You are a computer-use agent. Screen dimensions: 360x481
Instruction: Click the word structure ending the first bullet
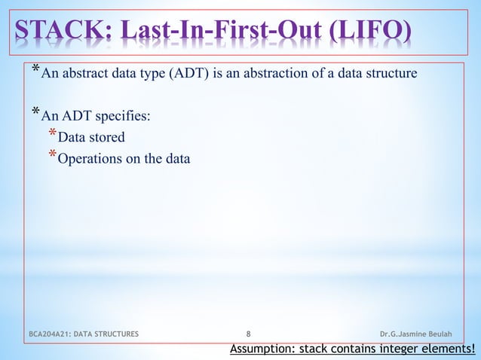pos(394,75)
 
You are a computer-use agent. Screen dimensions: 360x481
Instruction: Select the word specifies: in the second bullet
pos(124,116)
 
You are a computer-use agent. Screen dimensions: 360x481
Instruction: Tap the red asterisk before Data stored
pos(53,134)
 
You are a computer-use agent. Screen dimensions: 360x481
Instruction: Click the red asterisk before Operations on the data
pos(53,156)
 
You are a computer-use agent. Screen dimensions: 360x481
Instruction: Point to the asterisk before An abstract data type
pos(35,71)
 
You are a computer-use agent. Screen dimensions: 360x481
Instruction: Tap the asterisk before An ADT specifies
pos(35,113)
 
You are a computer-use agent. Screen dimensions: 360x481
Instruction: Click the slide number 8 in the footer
pos(249,332)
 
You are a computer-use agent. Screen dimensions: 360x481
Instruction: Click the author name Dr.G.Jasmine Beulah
pos(419,332)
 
